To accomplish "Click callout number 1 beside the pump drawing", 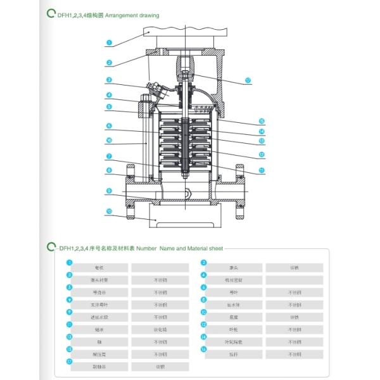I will (x=109, y=44).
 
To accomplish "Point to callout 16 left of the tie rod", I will (x=109, y=140).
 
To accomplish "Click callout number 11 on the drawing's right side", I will (x=261, y=170).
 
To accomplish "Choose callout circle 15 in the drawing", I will (x=261, y=121).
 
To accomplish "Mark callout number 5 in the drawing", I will (x=109, y=107).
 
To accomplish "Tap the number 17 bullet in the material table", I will (x=70, y=362).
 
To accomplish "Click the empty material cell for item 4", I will (x=294, y=280).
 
